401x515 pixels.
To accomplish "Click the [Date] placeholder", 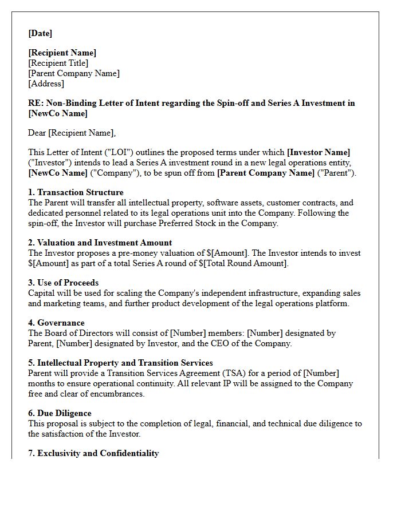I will (40, 33).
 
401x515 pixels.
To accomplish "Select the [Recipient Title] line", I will (58, 63).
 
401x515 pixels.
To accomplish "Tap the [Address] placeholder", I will (46, 84).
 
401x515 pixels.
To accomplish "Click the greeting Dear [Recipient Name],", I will (72, 133).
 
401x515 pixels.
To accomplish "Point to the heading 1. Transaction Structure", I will (76, 192).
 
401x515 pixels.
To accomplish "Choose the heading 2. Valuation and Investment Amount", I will (100, 243).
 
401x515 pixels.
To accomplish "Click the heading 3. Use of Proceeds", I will (63, 283).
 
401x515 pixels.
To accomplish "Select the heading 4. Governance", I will (56, 323).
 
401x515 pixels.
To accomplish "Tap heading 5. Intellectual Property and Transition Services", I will (120, 363).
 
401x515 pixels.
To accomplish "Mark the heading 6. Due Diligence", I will (60, 413).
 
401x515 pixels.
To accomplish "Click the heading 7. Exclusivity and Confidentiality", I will (93, 453).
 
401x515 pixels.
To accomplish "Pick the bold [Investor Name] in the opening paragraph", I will (319, 152).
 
